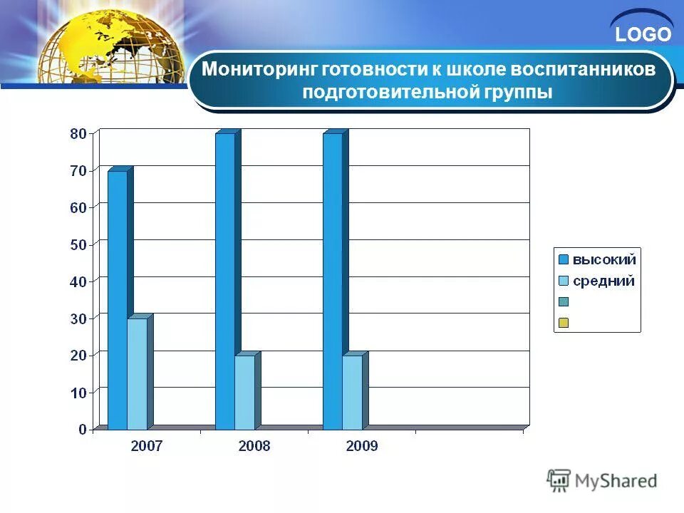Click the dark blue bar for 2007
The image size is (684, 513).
(118, 299)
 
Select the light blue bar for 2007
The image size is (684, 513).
(138, 374)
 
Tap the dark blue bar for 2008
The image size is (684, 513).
(225, 281)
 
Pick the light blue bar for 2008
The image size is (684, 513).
(244, 392)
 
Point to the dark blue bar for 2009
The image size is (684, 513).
(333, 281)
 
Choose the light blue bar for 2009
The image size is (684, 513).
(352, 392)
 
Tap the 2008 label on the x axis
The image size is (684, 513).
(254, 447)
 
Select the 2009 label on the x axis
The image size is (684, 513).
(361, 447)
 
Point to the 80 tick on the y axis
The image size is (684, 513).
(78, 133)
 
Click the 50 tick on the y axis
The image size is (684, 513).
(78, 244)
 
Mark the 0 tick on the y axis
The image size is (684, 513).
(83, 430)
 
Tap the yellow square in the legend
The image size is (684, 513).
(563, 323)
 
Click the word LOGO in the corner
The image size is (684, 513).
(643, 34)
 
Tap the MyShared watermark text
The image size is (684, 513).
(616, 481)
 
